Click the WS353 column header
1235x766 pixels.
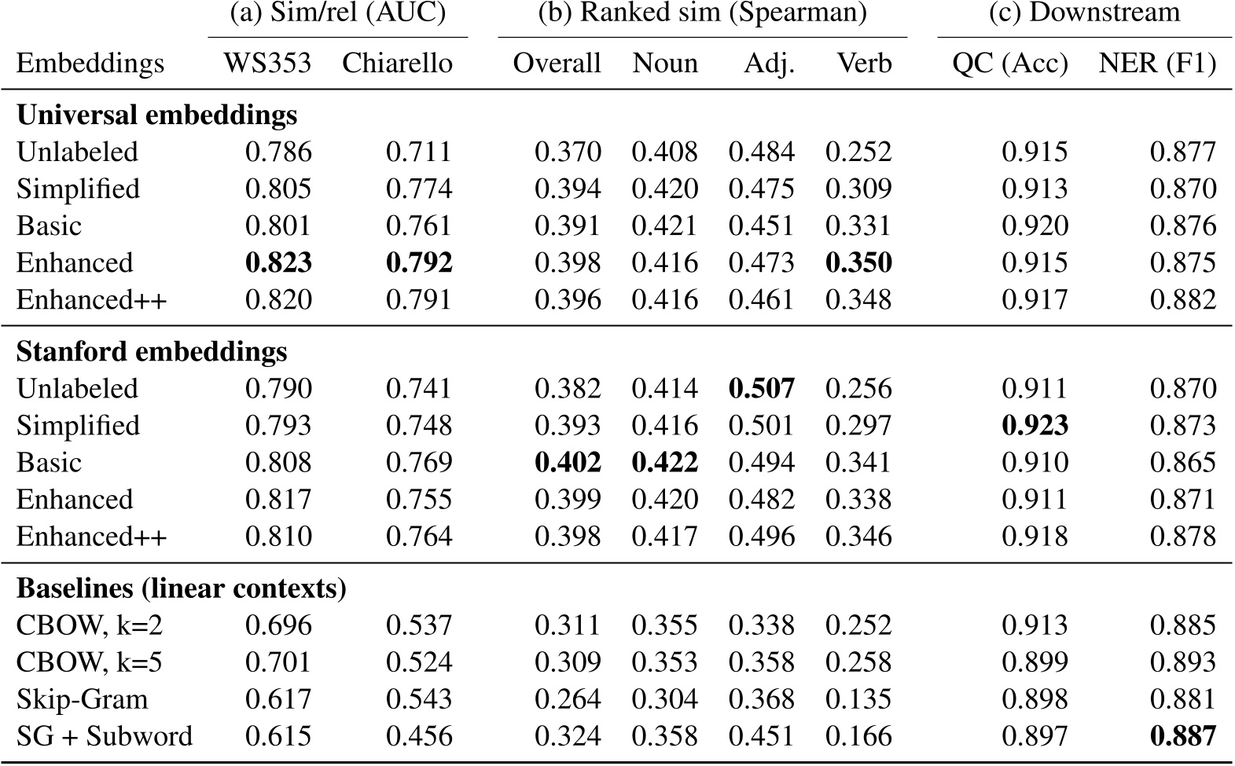click(267, 63)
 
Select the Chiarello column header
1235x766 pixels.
click(397, 63)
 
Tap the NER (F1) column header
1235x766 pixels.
click(1157, 63)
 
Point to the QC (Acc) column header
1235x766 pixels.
click(1010, 63)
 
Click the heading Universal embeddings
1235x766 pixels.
click(156, 115)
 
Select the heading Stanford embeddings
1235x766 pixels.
click(152, 351)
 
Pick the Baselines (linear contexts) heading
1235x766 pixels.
click(182, 588)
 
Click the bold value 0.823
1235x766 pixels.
click(278, 262)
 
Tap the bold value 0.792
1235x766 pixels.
click(419, 262)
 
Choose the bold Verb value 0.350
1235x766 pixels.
click(858, 262)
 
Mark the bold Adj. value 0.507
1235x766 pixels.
click(761, 388)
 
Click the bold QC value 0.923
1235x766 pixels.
click(1035, 425)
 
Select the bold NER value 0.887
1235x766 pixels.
click(1182, 735)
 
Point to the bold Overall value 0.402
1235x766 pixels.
click(568, 462)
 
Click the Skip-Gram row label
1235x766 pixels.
click(82, 698)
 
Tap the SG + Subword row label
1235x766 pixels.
click(105, 735)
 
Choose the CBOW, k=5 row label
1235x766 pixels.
click(89, 662)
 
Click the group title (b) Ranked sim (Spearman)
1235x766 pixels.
click(702, 13)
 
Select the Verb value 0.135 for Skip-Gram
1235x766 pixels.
click(858, 698)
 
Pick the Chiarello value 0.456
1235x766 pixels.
click(419, 735)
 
